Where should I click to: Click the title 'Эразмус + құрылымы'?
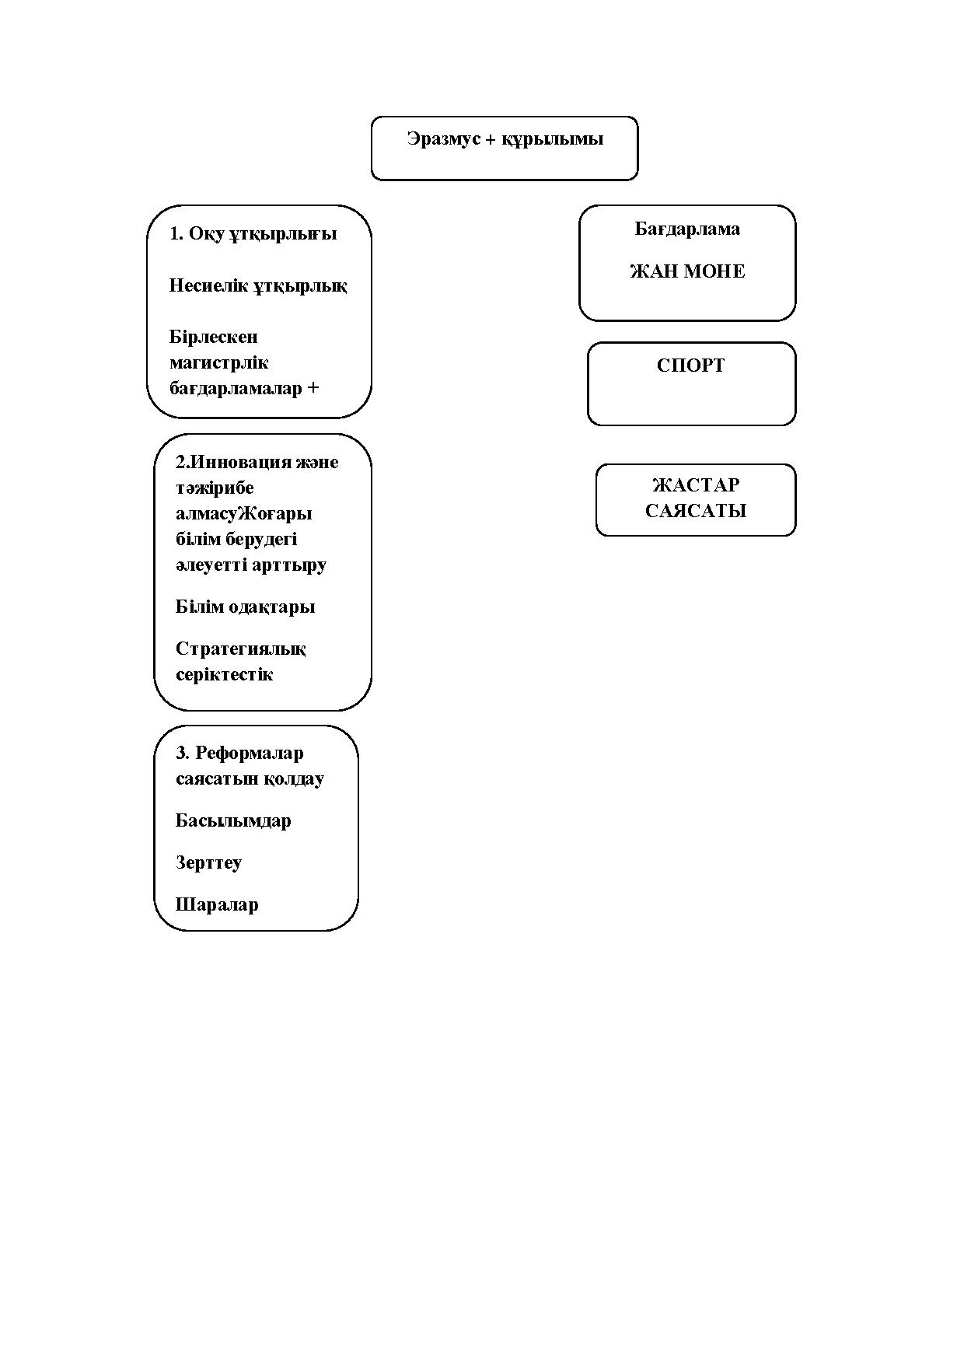505,140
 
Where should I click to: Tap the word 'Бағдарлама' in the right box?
687,229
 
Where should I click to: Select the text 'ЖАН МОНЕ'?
687,271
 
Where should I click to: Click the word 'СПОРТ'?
690,365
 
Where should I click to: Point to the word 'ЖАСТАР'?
696,485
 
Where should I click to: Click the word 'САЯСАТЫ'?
696,511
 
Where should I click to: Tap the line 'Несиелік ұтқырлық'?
258,286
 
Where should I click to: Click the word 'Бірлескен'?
214,338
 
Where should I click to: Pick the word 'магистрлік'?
219,363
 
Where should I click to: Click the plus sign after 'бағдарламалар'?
313,388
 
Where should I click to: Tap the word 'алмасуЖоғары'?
244,514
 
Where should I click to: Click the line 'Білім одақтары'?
246,607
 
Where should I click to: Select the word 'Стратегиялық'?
241,649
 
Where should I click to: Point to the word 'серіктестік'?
225,674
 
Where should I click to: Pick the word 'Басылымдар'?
233,821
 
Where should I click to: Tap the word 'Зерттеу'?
208,863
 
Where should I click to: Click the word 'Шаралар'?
217,905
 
